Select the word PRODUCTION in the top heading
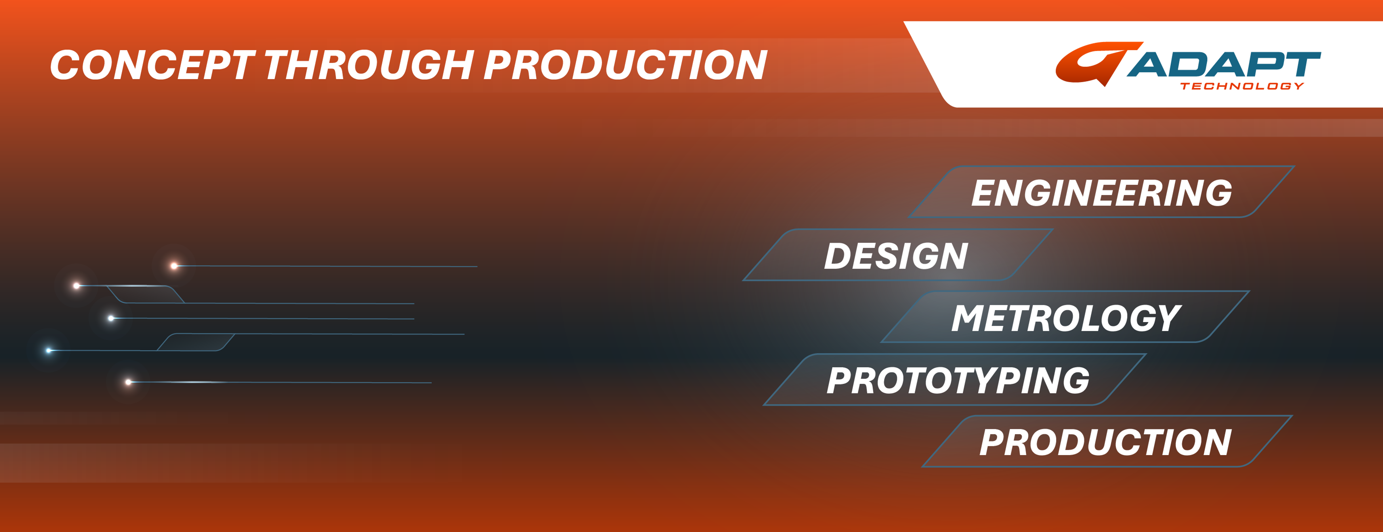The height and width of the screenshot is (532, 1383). pyautogui.click(x=626, y=65)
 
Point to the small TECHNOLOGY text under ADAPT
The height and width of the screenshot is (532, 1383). pyautogui.click(x=1242, y=86)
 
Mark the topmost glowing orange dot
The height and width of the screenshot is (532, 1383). pyautogui.click(x=174, y=265)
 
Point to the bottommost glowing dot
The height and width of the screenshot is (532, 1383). pyautogui.click(x=128, y=382)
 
